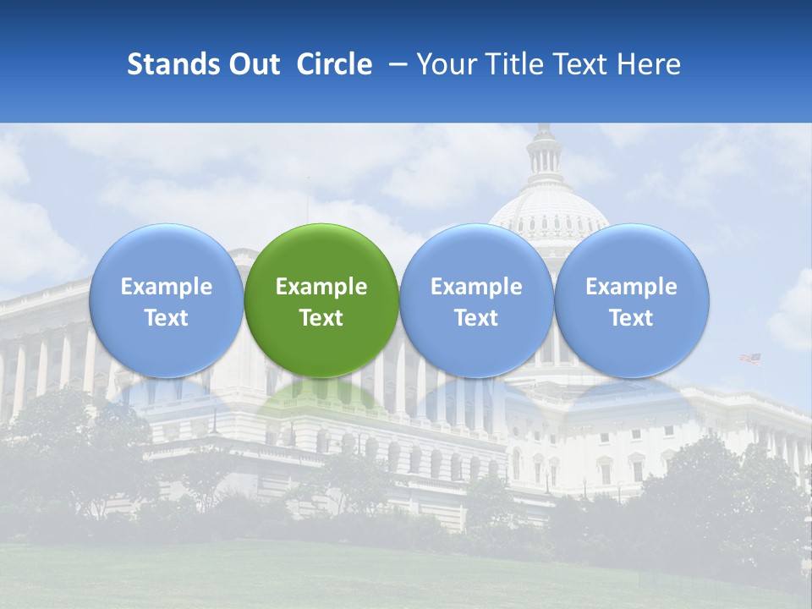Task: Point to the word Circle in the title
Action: [334, 64]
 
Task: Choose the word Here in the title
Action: [650, 64]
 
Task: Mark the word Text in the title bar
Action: [579, 64]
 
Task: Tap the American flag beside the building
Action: [750, 359]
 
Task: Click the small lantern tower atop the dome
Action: [545, 152]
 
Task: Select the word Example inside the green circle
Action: [321, 287]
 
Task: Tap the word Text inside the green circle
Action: [321, 318]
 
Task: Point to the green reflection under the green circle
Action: [321, 398]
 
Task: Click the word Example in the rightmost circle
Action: [631, 287]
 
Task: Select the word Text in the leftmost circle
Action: [166, 318]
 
